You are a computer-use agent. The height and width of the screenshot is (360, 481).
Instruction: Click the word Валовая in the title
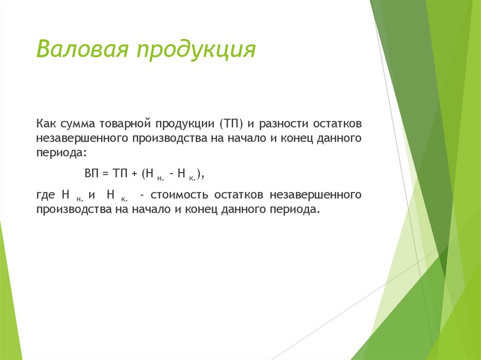click(x=83, y=49)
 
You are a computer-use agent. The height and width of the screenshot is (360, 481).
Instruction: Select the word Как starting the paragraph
click(x=46, y=123)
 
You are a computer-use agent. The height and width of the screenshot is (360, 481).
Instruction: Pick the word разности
click(x=283, y=124)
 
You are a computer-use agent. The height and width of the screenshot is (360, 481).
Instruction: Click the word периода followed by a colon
click(x=61, y=153)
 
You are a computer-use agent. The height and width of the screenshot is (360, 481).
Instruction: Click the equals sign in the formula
click(x=105, y=173)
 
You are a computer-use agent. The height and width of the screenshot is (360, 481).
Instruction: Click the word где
click(x=46, y=195)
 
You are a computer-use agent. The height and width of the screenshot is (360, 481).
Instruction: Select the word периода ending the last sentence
click(x=294, y=210)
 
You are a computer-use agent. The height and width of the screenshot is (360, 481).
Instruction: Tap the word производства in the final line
click(x=71, y=210)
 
